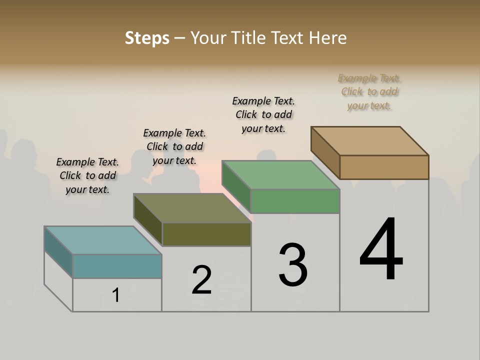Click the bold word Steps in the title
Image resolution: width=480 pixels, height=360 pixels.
click(147, 38)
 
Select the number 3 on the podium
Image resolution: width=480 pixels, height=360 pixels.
click(292, 264)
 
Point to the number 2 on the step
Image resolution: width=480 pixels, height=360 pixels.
click(201, 279)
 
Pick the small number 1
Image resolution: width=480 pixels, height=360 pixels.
click(116, 295)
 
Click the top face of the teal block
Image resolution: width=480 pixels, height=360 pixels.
click(103, 240)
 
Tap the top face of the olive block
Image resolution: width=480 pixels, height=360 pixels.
click(192, 208)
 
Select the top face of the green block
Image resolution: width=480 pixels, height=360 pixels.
click(281, 175)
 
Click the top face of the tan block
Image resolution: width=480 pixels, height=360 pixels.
click(370, 140)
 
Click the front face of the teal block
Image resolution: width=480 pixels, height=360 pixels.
click(117, 266)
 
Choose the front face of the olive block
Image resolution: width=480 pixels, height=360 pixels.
click(206, 234)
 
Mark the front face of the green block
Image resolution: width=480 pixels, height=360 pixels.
click(295, 201)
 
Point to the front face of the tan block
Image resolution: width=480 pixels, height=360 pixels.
click(384, 167)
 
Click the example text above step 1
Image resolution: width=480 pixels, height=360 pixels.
click(87, 175)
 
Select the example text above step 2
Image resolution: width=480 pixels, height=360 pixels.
click(174, 146)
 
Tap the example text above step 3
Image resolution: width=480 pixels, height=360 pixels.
click(263, 114)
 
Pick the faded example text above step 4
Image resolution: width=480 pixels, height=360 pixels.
click(369, 91)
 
